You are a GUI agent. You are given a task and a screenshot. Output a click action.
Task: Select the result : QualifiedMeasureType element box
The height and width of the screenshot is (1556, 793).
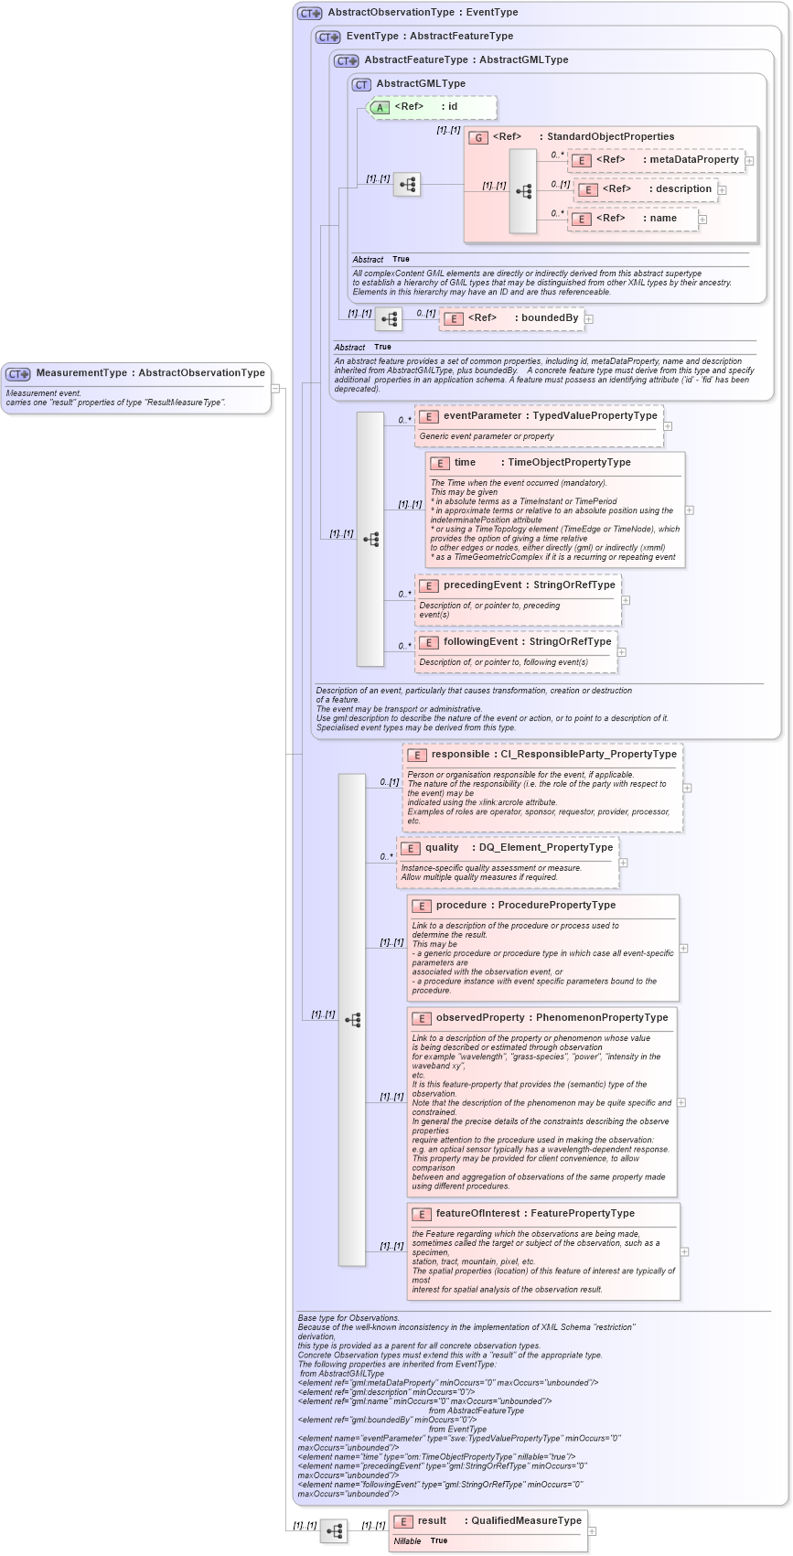[x=488, y=1529]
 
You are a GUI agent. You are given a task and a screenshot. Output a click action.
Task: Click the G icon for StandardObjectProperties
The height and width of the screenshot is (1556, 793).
[x=477, y=137]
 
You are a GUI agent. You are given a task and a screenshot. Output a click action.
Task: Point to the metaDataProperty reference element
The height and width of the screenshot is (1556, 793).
[x=657, y=160]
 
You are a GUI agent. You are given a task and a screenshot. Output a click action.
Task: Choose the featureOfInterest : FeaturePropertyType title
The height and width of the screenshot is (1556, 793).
[x=534, y=1214]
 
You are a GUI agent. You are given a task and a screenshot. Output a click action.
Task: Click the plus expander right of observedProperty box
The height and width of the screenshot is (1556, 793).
[x=681, y=1102]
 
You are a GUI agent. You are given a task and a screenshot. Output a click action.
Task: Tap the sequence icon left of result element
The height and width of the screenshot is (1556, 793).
[x=334, y=1530]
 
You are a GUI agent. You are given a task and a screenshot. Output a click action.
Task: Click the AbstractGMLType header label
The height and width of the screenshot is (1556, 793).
[x=420, y=84]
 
